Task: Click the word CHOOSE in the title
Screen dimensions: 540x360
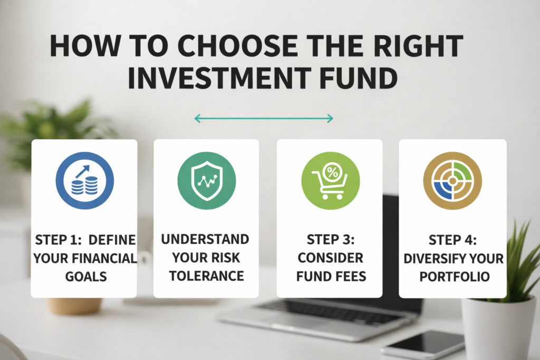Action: point(237,46)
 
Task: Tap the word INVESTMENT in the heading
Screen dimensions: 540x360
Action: point(219,78)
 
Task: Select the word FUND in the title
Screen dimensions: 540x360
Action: point(359,78)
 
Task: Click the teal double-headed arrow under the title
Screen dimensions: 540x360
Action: point(264,119)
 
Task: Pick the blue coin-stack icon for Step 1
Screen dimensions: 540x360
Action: point(85,180)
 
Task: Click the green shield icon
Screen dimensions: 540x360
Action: point(207,181)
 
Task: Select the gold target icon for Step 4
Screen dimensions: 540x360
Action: point(452,181)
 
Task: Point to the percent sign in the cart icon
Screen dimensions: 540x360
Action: point(332,172)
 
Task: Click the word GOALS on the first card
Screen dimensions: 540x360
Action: point(86,277)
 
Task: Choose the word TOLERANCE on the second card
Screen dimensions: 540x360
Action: point(206,276)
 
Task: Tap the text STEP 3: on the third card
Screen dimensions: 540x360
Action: point(331,239)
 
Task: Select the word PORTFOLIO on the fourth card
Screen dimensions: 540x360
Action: point(455,277)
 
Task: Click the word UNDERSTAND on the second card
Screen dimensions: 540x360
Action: point(205,239)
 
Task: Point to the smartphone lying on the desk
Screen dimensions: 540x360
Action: point(424,345)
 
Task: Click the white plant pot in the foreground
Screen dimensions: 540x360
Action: point(499,329)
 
